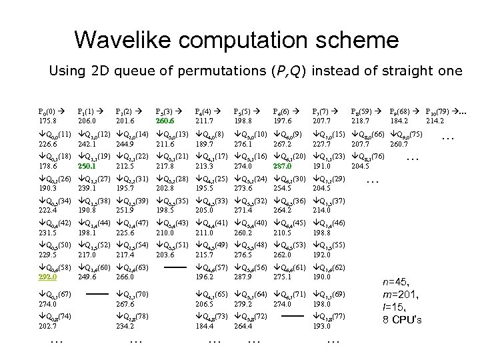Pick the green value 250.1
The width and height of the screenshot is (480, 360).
pos(87,166)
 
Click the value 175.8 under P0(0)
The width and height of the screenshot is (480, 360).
pos(48,121)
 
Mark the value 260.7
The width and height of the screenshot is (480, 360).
pos(399,144)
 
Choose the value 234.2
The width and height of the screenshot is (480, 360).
pos(125,327)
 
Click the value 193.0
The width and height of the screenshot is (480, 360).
pos(322,327)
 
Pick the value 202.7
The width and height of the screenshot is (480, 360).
pos(48,327)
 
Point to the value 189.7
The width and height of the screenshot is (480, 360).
pos(203,144)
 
